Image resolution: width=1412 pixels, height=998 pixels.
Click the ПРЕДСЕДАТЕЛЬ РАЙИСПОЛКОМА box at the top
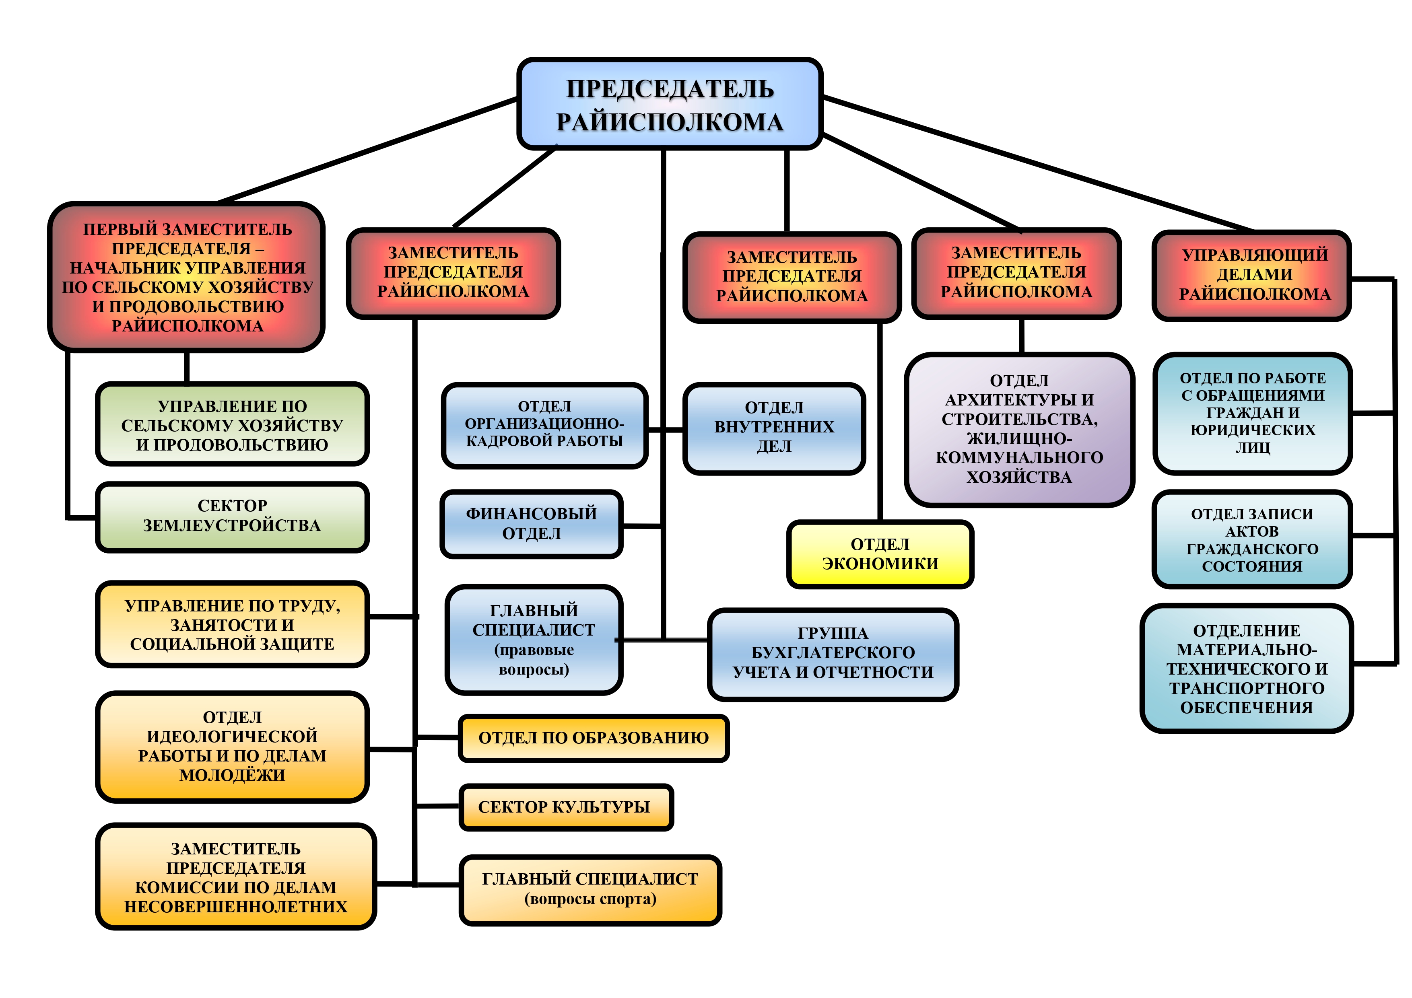tap(670, 105)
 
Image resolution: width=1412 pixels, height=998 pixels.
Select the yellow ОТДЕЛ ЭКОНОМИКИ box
tap(880, 554)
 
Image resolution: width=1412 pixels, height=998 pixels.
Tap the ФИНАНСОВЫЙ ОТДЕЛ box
tap(531, 524)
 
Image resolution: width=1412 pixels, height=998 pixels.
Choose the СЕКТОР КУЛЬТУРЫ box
tap(566, 807)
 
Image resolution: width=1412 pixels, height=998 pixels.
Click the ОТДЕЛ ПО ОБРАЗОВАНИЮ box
tap(594, 738)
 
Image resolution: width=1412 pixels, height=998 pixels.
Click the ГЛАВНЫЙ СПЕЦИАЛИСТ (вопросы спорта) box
tap(590, 889)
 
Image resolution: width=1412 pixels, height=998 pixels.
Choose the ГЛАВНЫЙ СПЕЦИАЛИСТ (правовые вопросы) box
tap(534, 640)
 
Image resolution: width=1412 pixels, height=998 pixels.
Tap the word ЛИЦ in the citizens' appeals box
tap(1253, 448)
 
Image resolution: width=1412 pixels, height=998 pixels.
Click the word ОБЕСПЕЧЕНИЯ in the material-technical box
tap(1247, 708)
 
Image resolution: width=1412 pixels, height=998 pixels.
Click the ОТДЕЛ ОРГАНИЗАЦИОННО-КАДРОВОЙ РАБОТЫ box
tap(544, 424)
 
